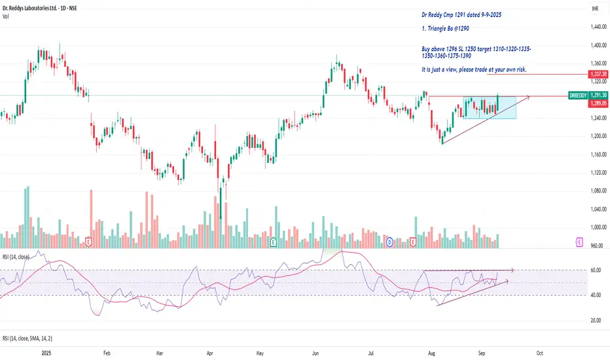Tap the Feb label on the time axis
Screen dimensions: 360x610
coord(106,352)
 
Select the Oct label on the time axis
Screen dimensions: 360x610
coord(539,352)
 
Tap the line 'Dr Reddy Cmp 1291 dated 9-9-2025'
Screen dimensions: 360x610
coord(464,13)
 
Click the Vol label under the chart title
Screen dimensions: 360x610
coord(5,16)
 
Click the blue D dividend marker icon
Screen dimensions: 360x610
coord(389,242)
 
